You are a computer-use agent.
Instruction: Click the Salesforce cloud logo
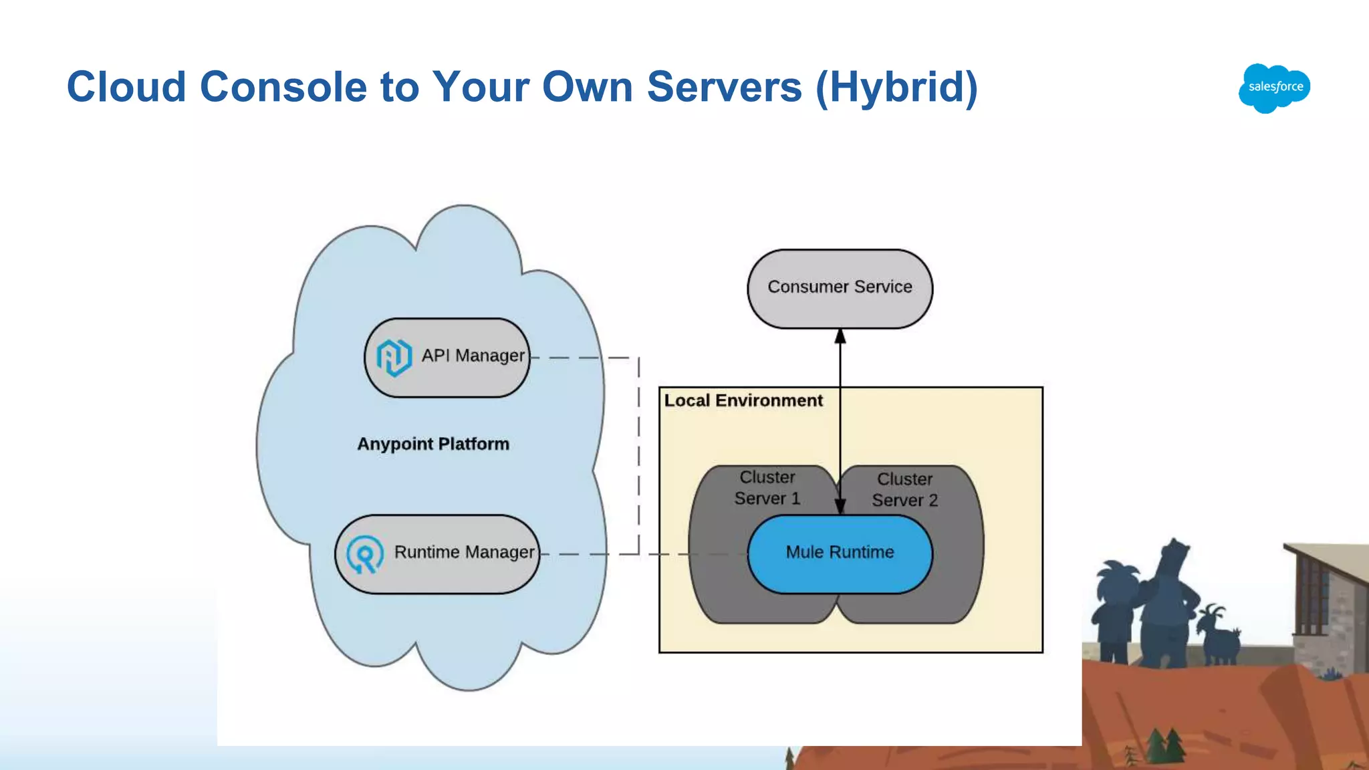[x=1274, y=88]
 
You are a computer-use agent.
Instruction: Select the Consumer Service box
[x=840, y=288]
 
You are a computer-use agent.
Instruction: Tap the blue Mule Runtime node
[x=840, y=553]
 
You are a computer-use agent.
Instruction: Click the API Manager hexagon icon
[x=394, y=357]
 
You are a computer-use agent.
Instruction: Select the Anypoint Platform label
[x=433, y=444]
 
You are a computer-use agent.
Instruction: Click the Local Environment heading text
[x=743, y=400]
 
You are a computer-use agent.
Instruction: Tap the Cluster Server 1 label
[x=767, y=488]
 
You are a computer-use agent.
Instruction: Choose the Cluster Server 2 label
[x=904, y=490]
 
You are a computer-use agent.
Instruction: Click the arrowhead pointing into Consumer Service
[x=840, y=336]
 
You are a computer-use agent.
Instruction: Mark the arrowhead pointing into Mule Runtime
[x=840, y=506]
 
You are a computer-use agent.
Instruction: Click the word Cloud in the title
[x=126, y=87]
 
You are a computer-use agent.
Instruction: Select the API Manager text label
[x=473, y=356]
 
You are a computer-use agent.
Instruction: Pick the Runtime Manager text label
[x=464, y=552]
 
